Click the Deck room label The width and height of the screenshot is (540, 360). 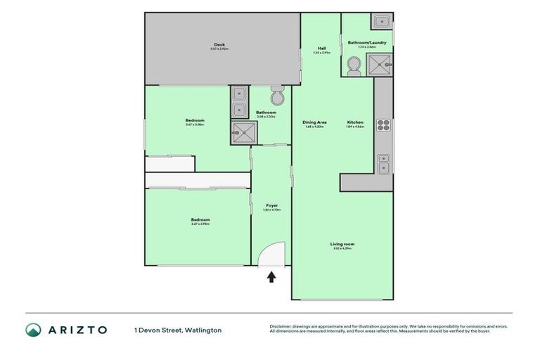219,44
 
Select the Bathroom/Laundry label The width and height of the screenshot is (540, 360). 367,42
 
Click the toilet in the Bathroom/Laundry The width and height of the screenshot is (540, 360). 353,66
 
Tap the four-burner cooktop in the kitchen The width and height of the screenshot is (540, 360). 384,125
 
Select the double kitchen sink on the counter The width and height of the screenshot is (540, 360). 383,163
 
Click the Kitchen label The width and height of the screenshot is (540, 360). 355,122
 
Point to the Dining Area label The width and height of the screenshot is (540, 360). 315,122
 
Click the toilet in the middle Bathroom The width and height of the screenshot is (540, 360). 277,96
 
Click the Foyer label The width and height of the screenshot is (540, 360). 271,205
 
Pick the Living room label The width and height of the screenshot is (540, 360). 341,244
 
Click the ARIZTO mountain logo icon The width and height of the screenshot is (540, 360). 34,330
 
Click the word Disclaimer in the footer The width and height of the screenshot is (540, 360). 281,326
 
